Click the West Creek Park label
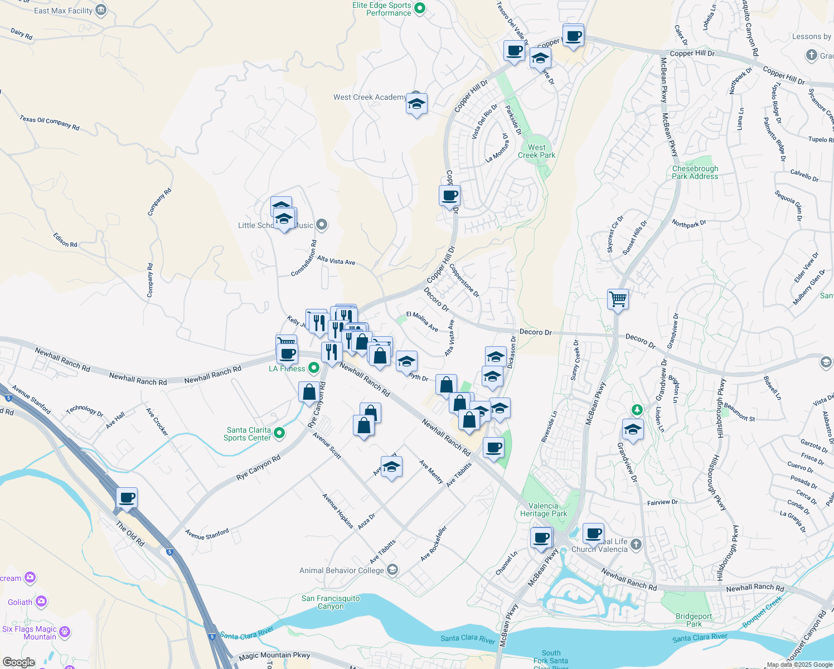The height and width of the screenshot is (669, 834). click(x=536, y=152)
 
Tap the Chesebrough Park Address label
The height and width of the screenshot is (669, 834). click(x=695, y=172)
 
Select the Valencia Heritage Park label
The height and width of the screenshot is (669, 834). click(x=543, y=510)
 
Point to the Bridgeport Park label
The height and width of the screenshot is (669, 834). click(x=694, y=620)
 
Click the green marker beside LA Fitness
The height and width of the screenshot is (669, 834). click(x=313, y=367)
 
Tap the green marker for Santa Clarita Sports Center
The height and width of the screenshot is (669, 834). click(x=280, y=433)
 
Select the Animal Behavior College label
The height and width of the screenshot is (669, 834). click(x=341, y=570)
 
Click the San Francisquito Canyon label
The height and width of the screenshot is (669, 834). click(x=331, y=602)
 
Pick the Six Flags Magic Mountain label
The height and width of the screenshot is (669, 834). click(x=29, y=633)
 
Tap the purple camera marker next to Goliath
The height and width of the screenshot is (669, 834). click(x=41, y=602)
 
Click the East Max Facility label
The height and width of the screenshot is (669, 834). click(x=63, y=11)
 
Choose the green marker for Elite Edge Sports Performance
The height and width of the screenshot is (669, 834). click(x=421, y=8)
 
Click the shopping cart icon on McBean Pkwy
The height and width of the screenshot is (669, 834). click(x=618, y=299)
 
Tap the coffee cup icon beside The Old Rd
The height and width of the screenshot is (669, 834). click(x=127, y=498)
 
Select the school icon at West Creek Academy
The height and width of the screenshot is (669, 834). click(x=416, y=104)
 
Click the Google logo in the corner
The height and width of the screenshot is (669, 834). click(x=18, y=662)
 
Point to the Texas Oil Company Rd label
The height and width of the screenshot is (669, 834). click(x=50, y=123)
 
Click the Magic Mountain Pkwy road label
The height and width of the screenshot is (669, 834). click(x=274, y=656)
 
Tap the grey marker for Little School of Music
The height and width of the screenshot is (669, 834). click(x=321, y=225)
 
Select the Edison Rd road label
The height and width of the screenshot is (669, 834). click(x=65, y=240)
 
